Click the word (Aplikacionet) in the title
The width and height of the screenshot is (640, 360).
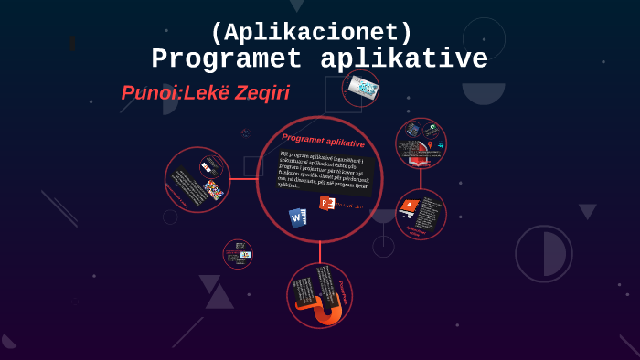click(x=311, y=33)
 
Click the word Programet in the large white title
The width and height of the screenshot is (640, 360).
click(x=227, y=59)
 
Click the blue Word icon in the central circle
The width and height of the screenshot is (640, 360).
click(x=297, y=217)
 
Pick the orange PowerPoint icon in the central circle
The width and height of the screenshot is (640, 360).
click(x=326, y=203)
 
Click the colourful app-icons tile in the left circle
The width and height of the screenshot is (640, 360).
click(x=213, y=189)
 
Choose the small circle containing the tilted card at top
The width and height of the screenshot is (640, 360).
click(x=361, y=89)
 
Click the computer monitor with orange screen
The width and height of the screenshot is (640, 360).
click(x=409, y=207)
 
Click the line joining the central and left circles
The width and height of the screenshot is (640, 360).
click(x=243, y=179)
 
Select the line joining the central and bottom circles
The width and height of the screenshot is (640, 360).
click(x=320, y=252)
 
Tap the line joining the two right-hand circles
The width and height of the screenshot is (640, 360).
click(x=421, y=179)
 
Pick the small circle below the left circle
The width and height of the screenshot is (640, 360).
click(x=238, y=254)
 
